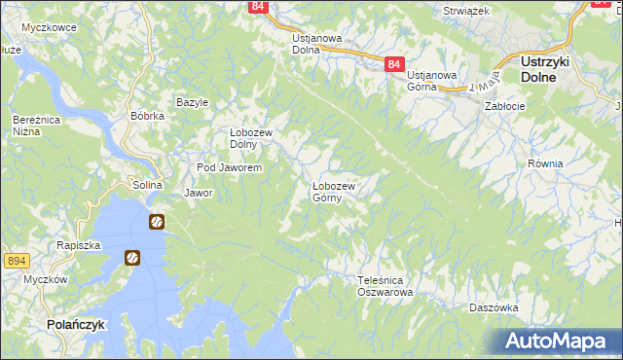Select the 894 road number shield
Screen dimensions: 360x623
coord(15,261)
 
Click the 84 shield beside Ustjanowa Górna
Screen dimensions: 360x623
coord(392,64)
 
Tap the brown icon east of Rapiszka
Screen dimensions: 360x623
coord(132,258)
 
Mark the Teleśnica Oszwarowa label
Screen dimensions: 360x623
coord(385,285)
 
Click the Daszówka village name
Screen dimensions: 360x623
coord(492,306)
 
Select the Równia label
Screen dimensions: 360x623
coord(546,164)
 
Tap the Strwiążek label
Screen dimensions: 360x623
coord(465,9)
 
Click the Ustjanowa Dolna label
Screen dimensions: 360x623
coord(317,44)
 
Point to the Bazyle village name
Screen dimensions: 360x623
coord(192,102)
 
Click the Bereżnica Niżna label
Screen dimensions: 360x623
coord(31,126)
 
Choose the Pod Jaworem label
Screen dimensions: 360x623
coord(229,168)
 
